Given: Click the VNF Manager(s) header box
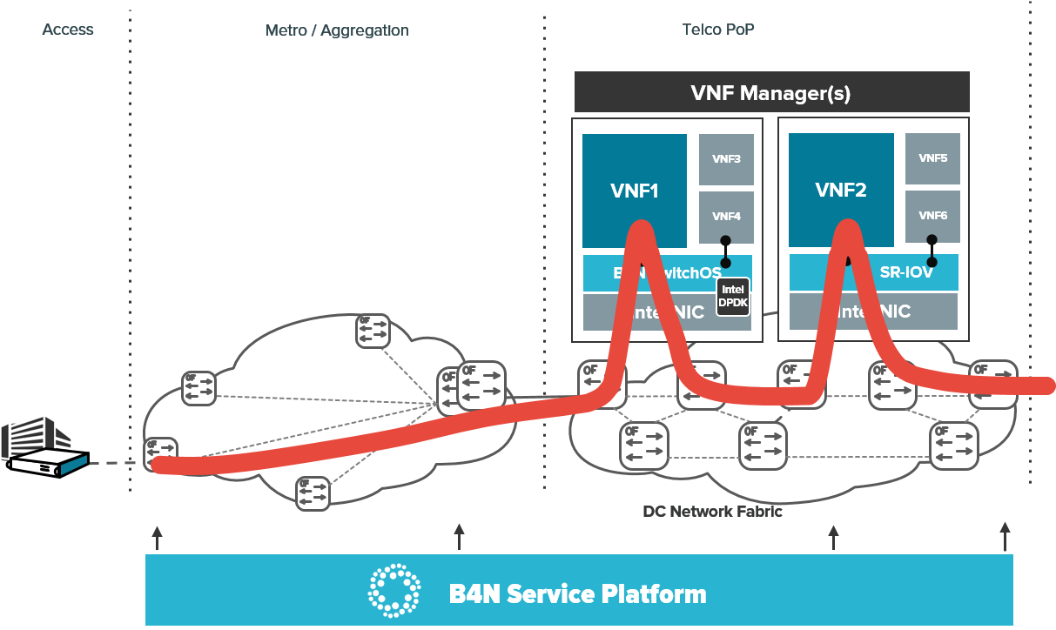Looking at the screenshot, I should [x=770, y=92].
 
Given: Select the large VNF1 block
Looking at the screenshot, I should [x=635, y=190].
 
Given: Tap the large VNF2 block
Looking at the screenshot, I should [x=841, y=190].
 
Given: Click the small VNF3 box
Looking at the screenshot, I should [x=726, y=159].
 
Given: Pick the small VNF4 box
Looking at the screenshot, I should [x=726, y=217].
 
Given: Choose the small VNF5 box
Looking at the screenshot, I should [x=932, y=158].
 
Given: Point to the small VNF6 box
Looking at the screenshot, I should [x=932, y=215].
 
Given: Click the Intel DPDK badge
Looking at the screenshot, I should [x=732, y=297].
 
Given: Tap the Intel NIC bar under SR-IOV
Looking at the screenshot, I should [x=873, y=312].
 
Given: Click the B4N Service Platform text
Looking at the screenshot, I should [x=577, y=594].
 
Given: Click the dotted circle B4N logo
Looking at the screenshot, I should [x=394, y=589].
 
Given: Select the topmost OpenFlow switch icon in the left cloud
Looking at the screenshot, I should [x=373, y=331].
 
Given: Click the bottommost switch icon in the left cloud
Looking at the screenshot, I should [x=313, y=493].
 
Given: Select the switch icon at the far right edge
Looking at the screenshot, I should [x=992, y=383].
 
